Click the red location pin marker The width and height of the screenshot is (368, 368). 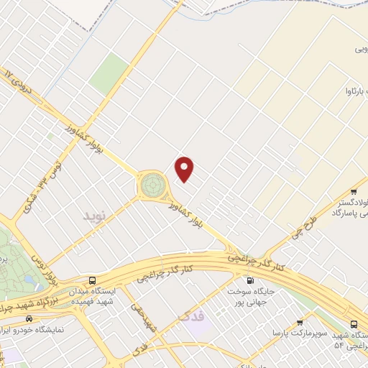pyautogui.click(x=185, y=170)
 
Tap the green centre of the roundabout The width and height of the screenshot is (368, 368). pyautogui.click(x=152, y=185)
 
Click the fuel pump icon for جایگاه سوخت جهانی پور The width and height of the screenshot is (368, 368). pyautogui.click(x=249, y=281)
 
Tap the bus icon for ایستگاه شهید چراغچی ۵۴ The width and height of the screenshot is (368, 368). pyautogui.click(x=354, y=323)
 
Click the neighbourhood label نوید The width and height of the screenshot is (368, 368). pyautogui.click(x=94, y=216)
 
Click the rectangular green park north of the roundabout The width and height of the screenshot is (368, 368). pyautogui.click(x=109, y=72)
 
